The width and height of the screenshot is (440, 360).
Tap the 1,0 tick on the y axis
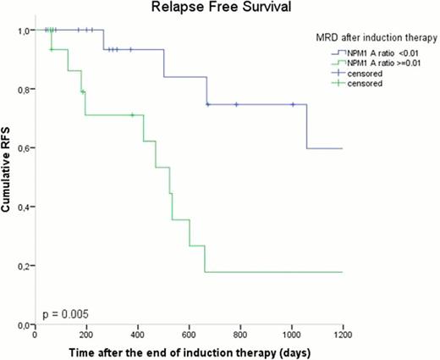tap(24, 30)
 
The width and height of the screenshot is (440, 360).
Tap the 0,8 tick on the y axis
tap(24, 90)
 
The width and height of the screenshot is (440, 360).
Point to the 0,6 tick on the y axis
tap(24, 148)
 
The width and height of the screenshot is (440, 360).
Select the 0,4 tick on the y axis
tap(24, 207)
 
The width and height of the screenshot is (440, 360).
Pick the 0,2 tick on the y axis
tap(24, 266)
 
